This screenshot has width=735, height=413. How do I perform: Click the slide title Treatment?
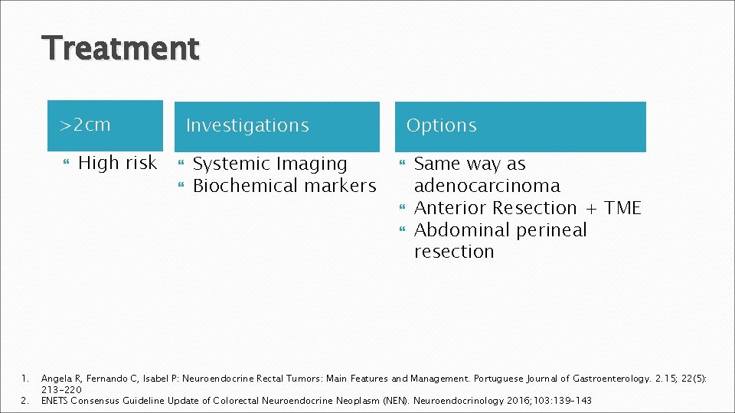point(122,48)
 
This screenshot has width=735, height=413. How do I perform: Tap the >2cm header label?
point(86,124)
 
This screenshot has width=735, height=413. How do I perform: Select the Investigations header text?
point(247,125)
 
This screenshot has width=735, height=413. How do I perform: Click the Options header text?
point(441,125)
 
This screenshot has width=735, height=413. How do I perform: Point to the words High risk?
point(118,163)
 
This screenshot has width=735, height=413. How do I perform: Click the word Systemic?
point(231,164)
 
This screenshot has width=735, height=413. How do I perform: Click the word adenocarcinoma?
point(487,186)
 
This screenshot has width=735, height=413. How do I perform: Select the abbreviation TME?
point(622,208)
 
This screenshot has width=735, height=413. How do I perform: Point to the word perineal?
point(549,230)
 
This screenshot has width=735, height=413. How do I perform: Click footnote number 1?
point(24,379)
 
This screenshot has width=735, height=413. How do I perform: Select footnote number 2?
point(24,400)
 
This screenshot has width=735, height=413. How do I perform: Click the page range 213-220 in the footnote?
point(61,389)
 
